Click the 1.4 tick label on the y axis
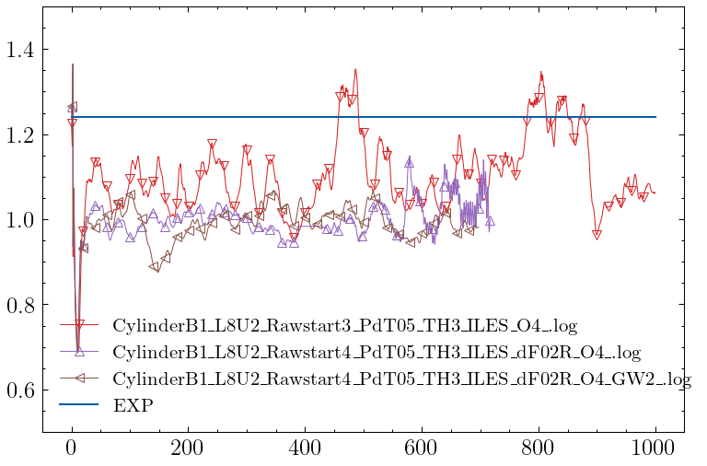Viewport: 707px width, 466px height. tap(22, 50)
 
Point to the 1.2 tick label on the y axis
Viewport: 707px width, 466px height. tap(22, 135)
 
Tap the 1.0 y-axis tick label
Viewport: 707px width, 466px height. tap(22, 220)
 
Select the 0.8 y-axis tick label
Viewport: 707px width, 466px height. tap(22, 306)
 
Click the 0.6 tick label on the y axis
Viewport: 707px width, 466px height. tap(22, 390)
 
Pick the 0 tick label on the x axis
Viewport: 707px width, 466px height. tap(72, 450)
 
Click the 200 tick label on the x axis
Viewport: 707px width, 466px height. tap(188, 450)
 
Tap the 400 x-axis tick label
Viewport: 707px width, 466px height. tap(305, 450)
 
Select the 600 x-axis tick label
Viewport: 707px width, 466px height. tap(422, 450)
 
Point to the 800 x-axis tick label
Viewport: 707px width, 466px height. tap(539, 450)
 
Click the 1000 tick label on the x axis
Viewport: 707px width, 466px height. tap(655, 450)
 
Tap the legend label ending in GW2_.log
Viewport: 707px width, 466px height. tap(401, 379)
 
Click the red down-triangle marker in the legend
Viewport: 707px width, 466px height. tap(79, 325)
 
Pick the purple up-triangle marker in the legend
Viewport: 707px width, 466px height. tap(79, 351)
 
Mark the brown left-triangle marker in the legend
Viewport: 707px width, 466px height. tap(79, 378)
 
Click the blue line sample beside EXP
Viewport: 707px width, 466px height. tap(79, 404)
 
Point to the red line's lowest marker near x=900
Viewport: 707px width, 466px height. tap(597, 235)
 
